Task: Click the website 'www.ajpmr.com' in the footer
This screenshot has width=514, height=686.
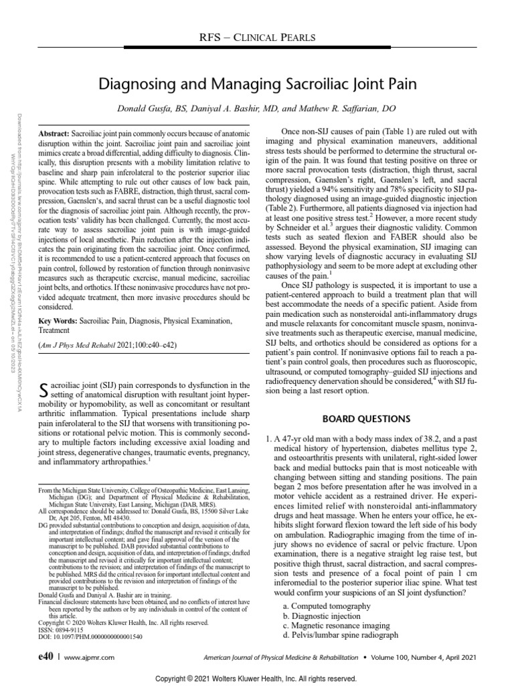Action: pos(90,659)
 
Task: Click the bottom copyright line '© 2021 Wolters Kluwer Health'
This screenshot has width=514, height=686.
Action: pos(256,679)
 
